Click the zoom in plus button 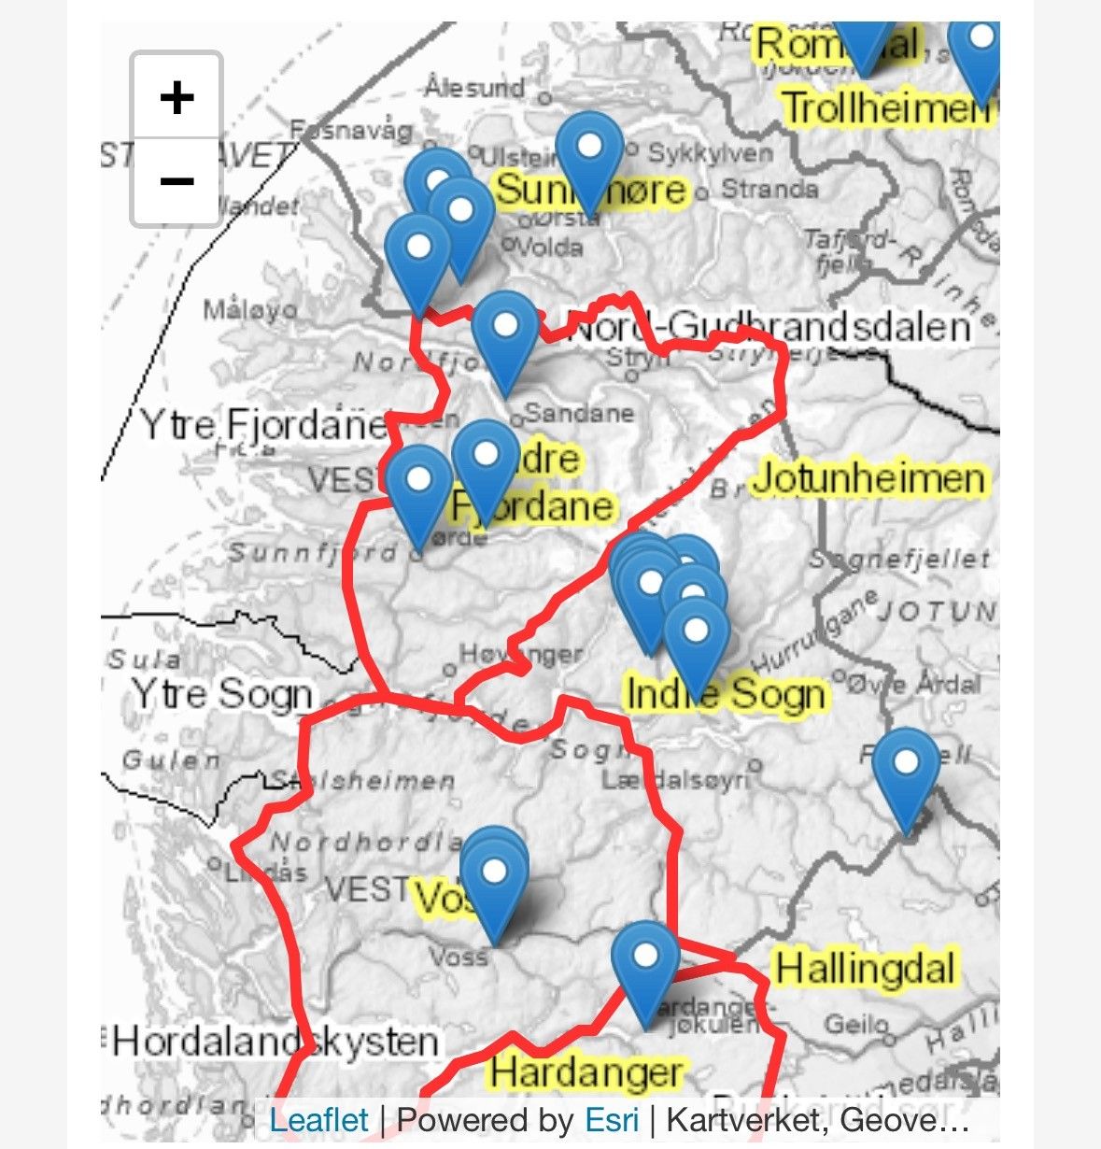pyautogui.click(x=176, y=97)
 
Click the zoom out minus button pyautogui.click(x=176, y=180)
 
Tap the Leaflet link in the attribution pyautogui.click(x=318, y=1119)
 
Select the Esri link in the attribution pyautogui.click(x=612, y=1119)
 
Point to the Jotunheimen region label pyautogui.click(x=868, y=478)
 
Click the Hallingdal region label pyautogui.click(x=865, y=968)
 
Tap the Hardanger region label pyautogui.click(x=586, y=1071)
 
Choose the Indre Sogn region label pyautogui.click(x=726, y=693)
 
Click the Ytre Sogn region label pyautogui.click(x=221, y=694)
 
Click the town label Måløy pyautogui.click(x=251, y=309)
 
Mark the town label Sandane pyautogui.click(x=579, y=412)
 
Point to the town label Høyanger pyautogui.click(x=521, y=655)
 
